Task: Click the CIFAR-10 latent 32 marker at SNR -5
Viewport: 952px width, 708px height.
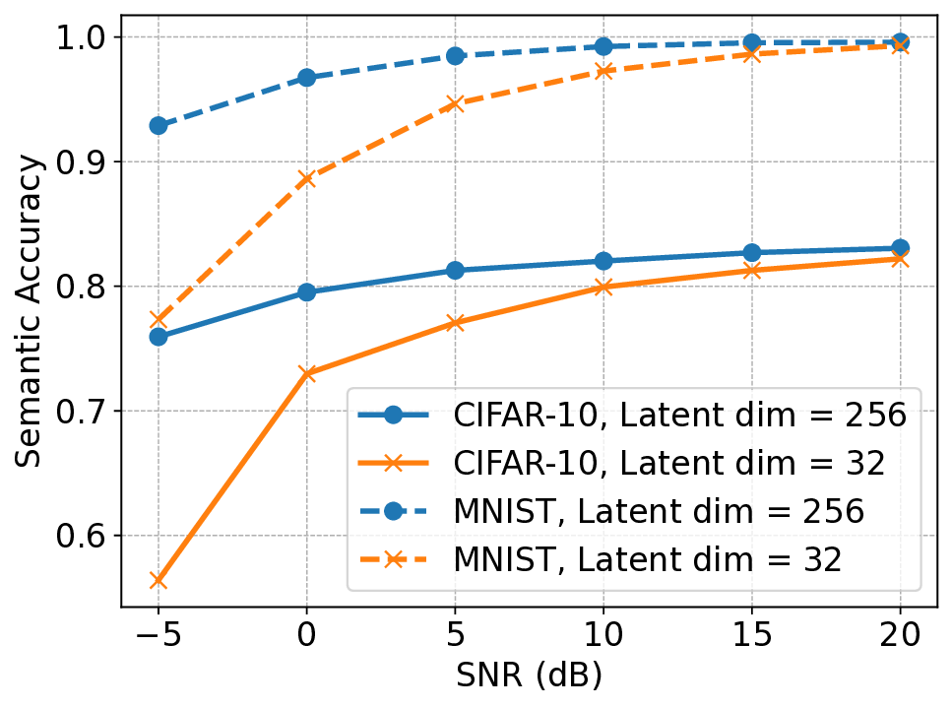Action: tap(158, 581)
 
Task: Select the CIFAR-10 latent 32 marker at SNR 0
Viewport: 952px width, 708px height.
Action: tap(306, 374)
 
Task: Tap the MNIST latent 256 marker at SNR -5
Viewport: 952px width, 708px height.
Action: tap(158, 126)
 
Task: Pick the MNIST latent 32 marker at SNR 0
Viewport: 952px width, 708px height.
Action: tap(306, 179)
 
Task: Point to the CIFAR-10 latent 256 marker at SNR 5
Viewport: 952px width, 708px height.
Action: tap(455, 270)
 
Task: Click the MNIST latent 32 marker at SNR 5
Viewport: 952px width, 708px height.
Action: tap(455, 103)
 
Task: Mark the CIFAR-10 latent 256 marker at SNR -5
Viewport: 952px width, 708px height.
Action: tap(158, 337)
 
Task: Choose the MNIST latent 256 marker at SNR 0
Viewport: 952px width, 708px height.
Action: tap(306, 78)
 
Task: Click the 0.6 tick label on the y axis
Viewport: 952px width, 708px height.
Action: tap(84, 536)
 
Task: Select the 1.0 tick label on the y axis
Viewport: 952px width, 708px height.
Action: tap(84, 37)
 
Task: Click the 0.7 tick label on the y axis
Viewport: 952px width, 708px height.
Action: tap(84, 412)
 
